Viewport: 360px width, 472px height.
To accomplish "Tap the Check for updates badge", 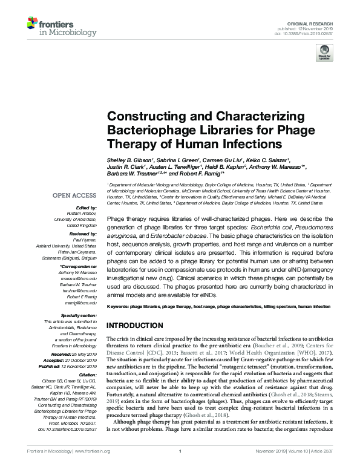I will [324, 53].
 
